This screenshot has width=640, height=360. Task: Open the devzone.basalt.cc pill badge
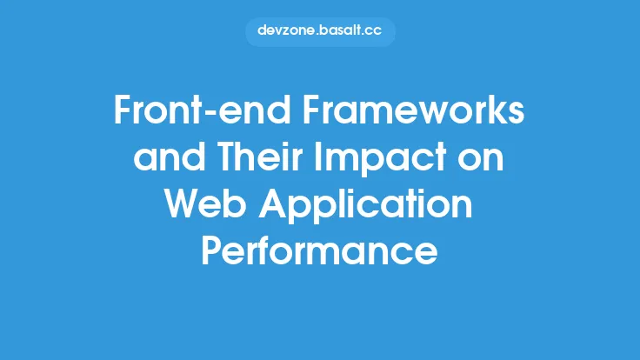point(320,31)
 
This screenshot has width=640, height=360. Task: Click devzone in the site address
point(284,31)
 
